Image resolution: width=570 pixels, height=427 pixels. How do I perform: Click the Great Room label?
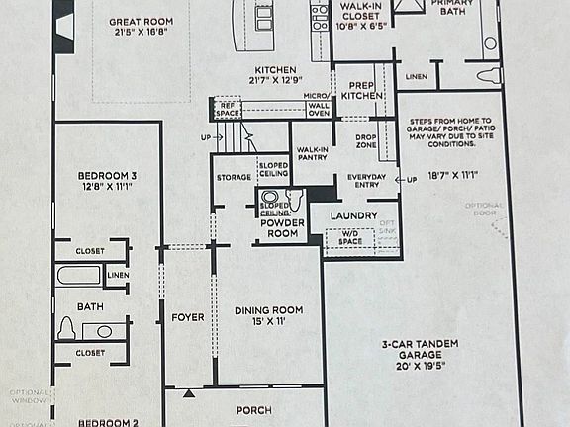coord(142,21)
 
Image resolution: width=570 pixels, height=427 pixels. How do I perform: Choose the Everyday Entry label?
coord(365,182)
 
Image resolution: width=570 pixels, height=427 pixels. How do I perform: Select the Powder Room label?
coord(282,228)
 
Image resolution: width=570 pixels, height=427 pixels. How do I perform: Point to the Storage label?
coord(234,178)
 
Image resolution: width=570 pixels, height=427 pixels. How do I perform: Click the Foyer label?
coord(187,317)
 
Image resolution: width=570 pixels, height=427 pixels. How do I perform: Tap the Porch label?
coord(253,410)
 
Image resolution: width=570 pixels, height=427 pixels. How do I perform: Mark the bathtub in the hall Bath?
coord(79,274)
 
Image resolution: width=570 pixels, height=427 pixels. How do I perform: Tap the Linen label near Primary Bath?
coord(416,76)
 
